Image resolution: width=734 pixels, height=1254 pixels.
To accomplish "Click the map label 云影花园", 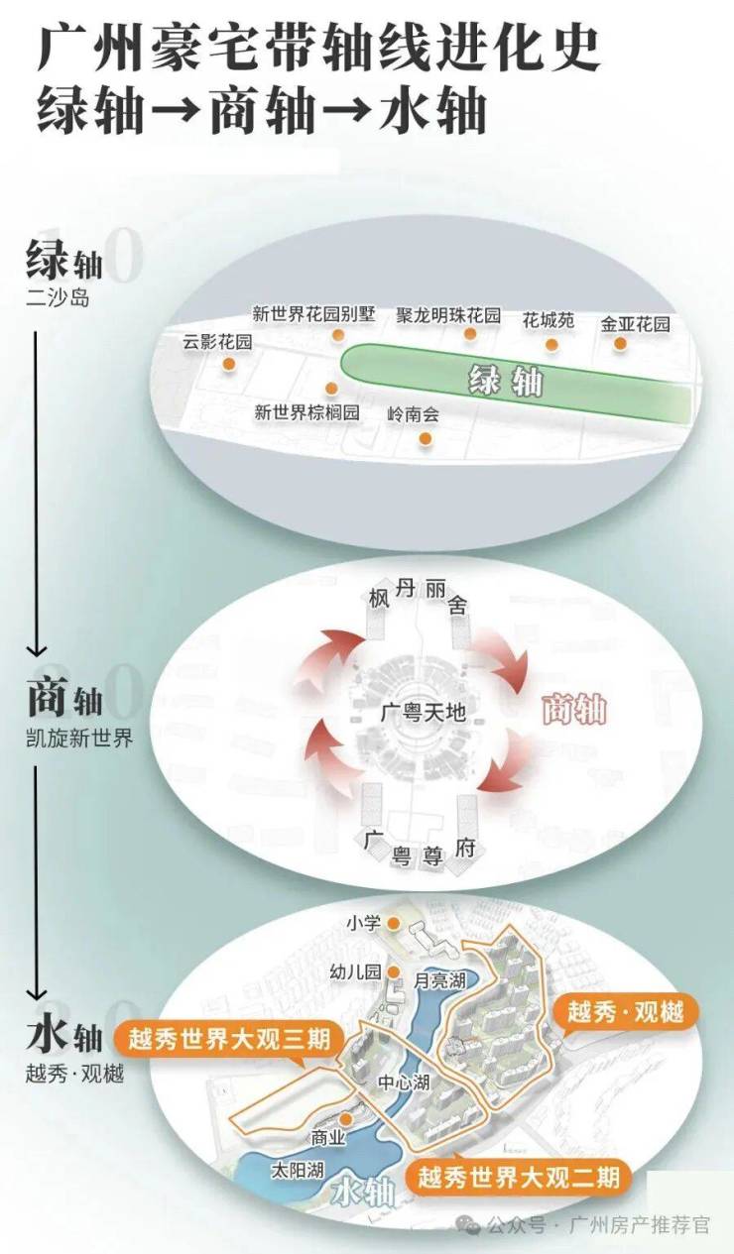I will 217,342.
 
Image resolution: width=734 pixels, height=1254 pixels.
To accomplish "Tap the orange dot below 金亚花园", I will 620,344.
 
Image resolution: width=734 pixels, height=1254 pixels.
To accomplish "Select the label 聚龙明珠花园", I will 447,314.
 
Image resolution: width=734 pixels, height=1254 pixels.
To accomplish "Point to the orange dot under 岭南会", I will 426,437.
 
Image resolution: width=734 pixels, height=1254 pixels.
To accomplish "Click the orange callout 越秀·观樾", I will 625,1012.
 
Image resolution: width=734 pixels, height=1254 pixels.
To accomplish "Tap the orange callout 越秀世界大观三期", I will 229,1040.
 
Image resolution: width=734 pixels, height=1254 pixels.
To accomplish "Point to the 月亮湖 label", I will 440,980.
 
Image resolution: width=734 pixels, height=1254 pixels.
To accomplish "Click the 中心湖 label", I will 403,1083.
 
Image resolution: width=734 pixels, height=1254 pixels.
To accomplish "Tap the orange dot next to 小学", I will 394,924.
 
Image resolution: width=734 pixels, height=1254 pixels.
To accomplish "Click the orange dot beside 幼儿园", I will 394,971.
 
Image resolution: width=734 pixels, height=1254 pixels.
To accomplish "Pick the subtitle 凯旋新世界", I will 79,739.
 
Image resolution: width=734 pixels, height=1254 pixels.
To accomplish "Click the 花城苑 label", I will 549,321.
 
